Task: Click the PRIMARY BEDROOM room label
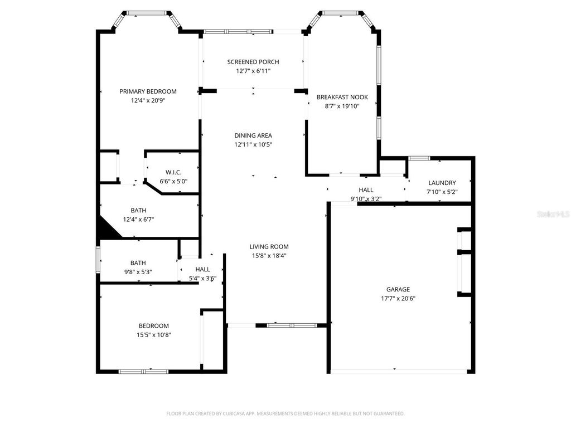(148, 91)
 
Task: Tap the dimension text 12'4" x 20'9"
(148, 101)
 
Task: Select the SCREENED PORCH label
(253, 62)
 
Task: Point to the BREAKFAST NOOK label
(342, 97)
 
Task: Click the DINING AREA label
(253, 135)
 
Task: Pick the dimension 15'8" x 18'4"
(269, 256)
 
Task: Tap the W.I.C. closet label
(173, 172)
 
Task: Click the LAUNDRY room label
(442, 183)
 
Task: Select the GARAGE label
(398, 289)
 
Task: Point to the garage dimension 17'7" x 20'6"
(398, 298)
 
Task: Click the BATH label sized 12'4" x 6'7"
(138, 210)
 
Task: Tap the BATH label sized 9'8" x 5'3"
(138, 262)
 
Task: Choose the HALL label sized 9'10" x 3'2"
(366, 190)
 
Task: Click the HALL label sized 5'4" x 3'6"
(202, 269)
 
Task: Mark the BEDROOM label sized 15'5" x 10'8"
(153, 326)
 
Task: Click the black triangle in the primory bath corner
(105, 230)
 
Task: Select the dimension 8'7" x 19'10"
(342, 106)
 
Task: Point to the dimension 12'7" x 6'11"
(253, 71)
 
